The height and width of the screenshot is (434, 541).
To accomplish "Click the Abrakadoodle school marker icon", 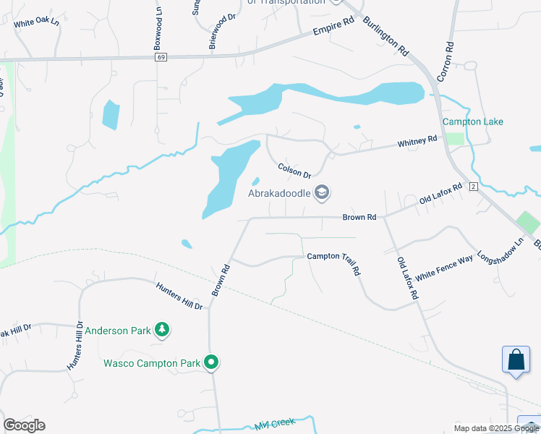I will click(x=322, y=192).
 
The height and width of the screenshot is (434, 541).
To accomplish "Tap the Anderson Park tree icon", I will click(x=162, y=331).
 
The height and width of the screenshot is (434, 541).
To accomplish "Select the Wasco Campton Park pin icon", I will click(x=211, y=362).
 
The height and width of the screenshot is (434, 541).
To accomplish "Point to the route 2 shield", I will click(x=474, y=187).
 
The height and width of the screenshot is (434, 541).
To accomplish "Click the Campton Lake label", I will click(x=472, y=122).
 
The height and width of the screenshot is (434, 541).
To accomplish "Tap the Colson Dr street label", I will click(x=294, y=171).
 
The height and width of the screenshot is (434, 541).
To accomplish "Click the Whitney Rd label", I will click(x=417, y=142).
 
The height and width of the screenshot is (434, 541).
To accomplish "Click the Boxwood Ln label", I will click(x=157, y=30).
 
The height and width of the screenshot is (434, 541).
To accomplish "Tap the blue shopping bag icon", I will click(x=516, y=359).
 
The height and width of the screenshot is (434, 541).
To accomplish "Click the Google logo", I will click(x=24, y=425).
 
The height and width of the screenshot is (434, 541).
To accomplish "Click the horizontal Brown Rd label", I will click(x=359, y=217).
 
